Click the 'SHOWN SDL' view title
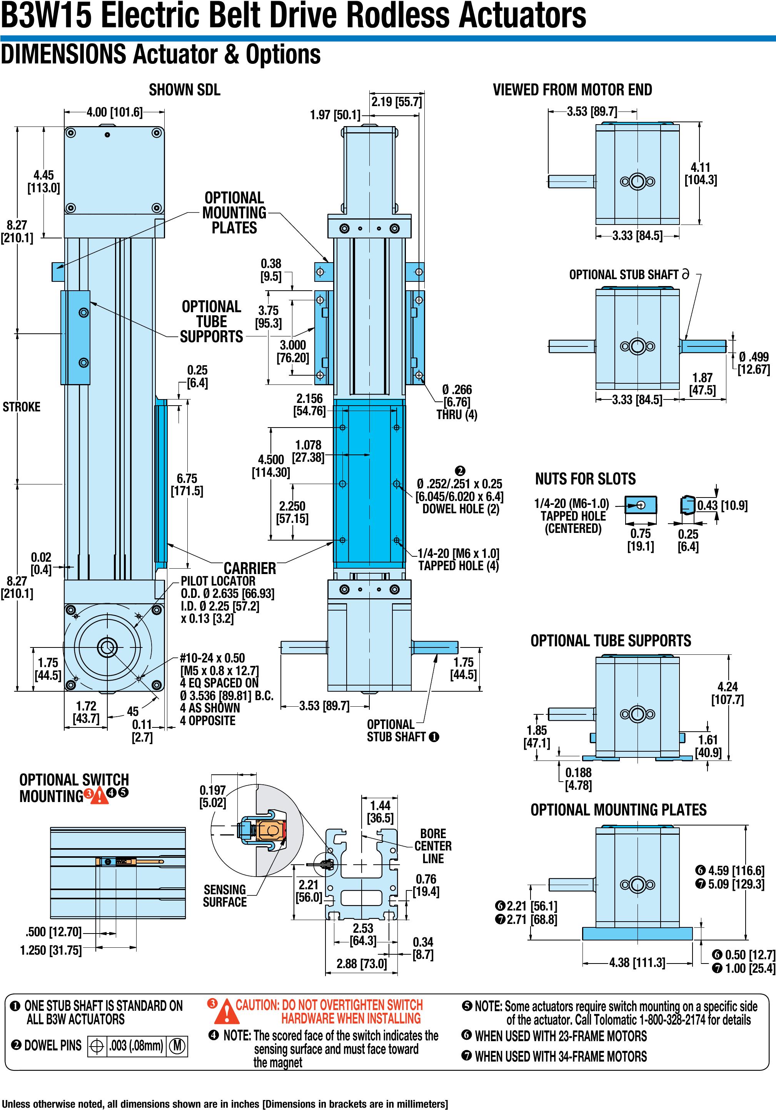(184, 90)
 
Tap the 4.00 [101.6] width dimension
(115, 112)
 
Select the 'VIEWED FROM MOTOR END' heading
(572, 90)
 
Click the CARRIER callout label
(250, 568)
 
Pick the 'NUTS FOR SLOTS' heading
(586, 479)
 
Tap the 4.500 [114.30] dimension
(271, 466)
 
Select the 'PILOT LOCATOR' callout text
(218, 581)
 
